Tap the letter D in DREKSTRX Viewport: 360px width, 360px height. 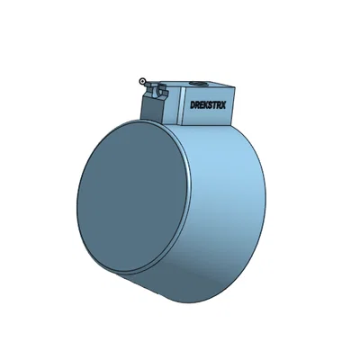click(193, 104)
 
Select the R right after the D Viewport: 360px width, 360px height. click(197, 104)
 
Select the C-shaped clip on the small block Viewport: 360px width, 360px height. click(161, 90)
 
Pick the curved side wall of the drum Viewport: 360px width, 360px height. click(229, 207)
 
